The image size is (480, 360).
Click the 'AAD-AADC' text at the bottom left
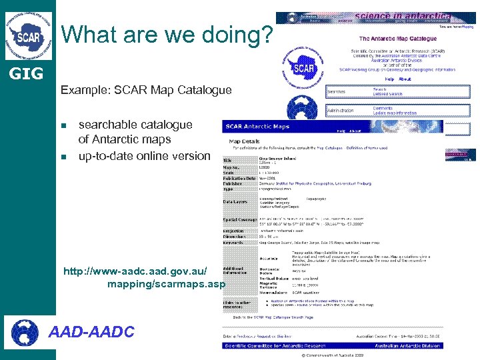(x=93, y=331)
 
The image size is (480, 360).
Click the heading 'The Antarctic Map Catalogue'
(x=398, y=39)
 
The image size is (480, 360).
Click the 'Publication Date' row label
(x=239, y=178)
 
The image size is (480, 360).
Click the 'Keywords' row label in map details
(x=235, y=242)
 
